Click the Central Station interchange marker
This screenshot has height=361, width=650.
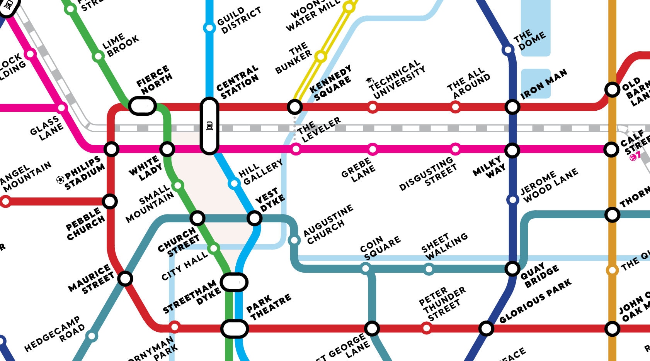[x=209, y=126]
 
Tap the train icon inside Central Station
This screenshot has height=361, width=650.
[x=209, y=126]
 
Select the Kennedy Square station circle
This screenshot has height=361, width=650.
[x=294, y=106]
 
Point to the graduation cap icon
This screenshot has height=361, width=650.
[x=369, y=80]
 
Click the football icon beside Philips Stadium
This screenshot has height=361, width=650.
[x=60, y=179]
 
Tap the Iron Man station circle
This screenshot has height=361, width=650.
[x=512, y=107]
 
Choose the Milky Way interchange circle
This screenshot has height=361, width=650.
[x=512, y=150]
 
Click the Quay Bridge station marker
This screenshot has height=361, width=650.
[x=512, y=268]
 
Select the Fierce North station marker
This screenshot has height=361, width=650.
[x=142, y=106]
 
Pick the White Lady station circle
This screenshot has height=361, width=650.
[x=167, y=149]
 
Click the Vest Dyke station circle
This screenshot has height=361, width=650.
[x=254, y=218]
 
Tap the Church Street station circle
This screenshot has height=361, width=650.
[x=197, y=218]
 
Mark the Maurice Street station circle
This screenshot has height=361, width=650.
[x=125, y=278]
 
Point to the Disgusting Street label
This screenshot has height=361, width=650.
[x=428, y=174]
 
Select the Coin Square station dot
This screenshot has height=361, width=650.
[x=365, y=268]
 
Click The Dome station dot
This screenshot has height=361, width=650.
[x=507, y=50]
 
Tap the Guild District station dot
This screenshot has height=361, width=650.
[x=209, y=28]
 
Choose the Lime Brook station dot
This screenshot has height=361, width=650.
[x=98, y=57]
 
